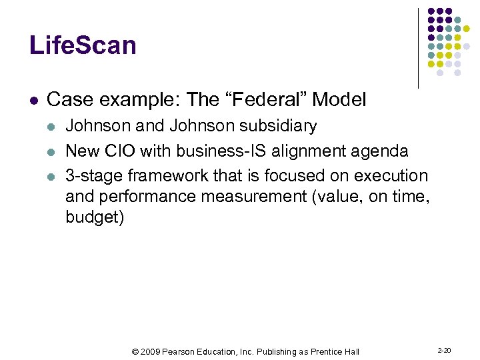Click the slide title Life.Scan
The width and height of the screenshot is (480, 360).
click(x=83, y=45)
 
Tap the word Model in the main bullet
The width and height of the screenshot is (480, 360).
click(x=339, y=100)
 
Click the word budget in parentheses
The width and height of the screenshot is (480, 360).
click(x=94, y=217)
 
